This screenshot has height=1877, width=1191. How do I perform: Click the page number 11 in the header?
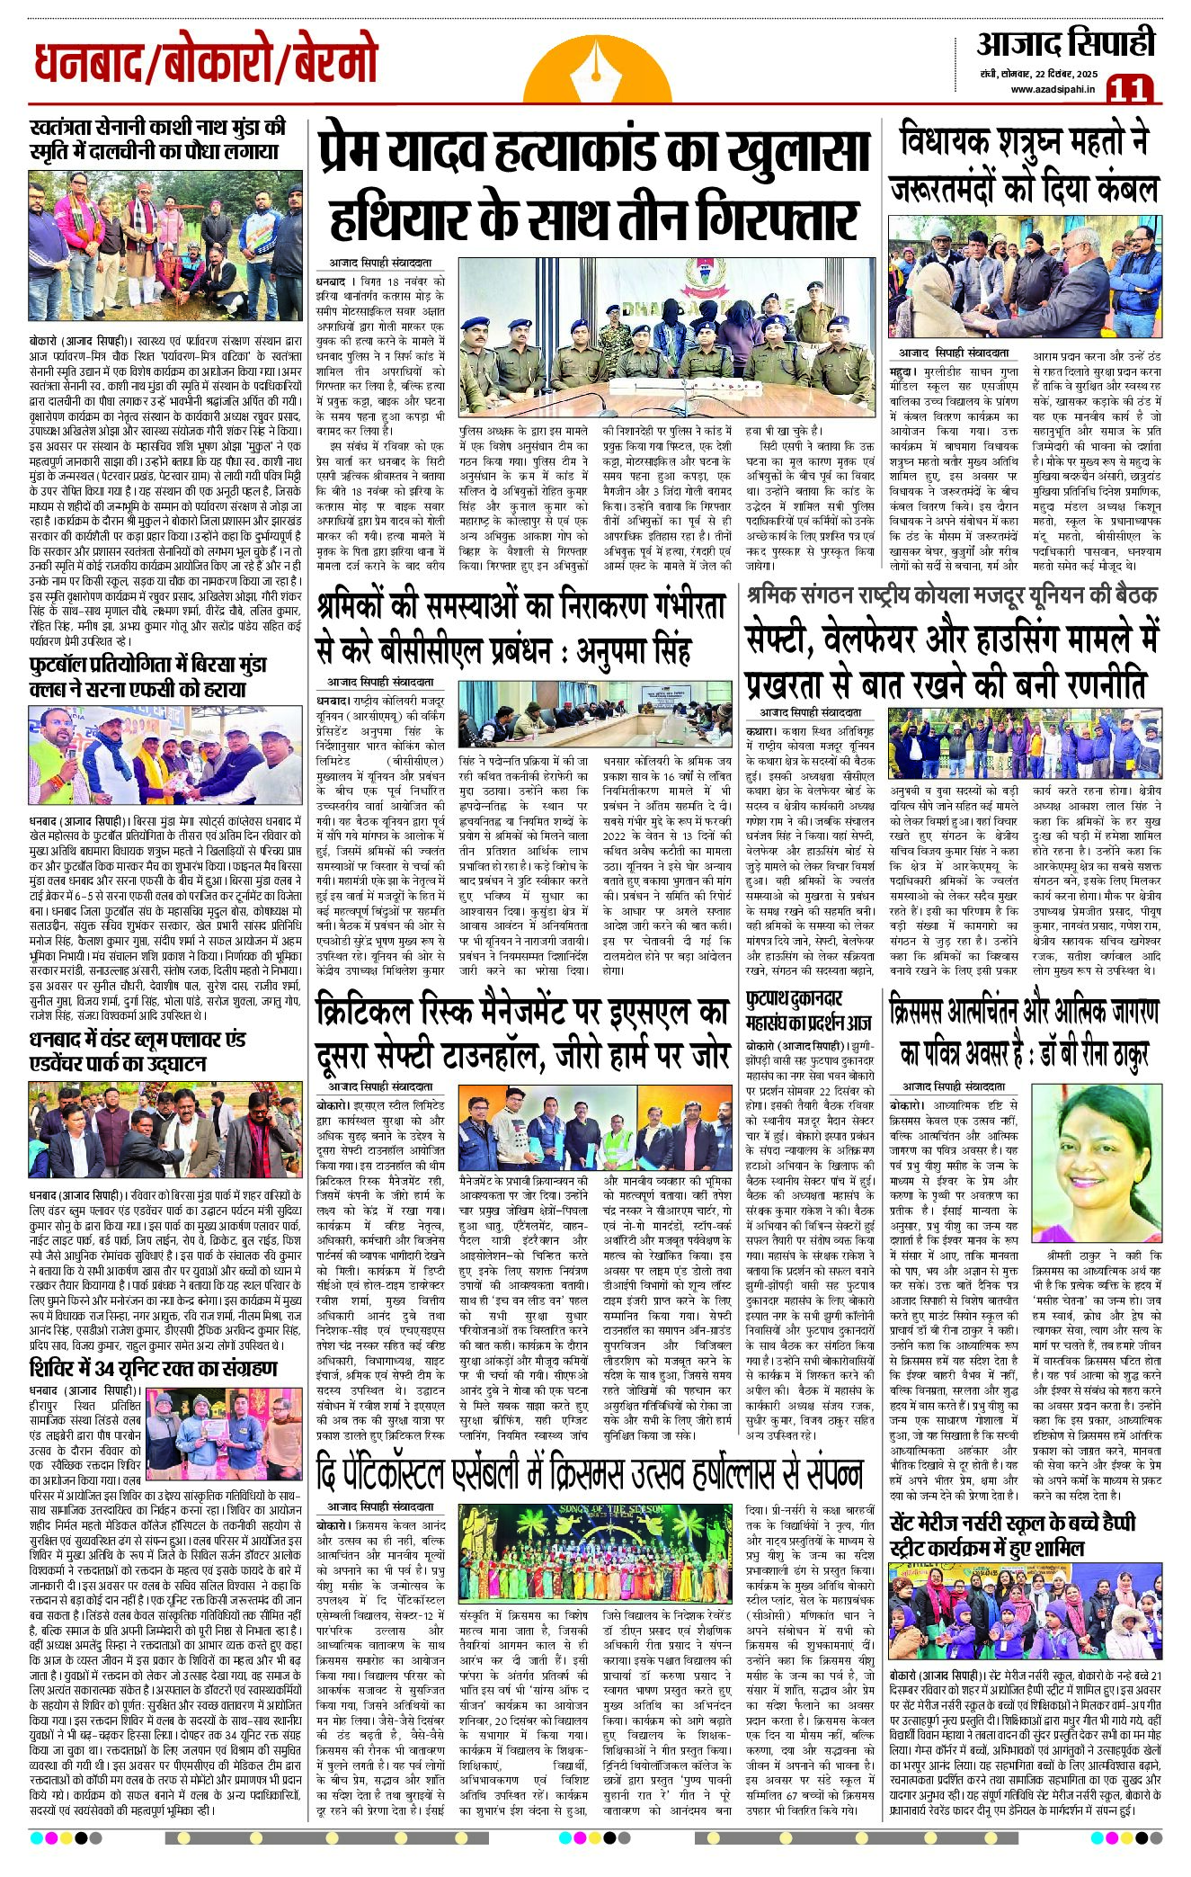pos(1129,90)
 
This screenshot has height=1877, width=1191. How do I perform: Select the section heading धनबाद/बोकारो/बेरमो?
pos(206,66)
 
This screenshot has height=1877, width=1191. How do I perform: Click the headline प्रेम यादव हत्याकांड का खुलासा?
pos(593,153)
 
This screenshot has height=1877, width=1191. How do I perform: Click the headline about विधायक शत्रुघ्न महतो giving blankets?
pos(1025,166)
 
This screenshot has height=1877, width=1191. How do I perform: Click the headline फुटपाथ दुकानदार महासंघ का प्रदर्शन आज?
pos(809,1011)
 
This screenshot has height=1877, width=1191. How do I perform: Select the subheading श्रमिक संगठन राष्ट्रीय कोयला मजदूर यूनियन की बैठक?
pos(951,594)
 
